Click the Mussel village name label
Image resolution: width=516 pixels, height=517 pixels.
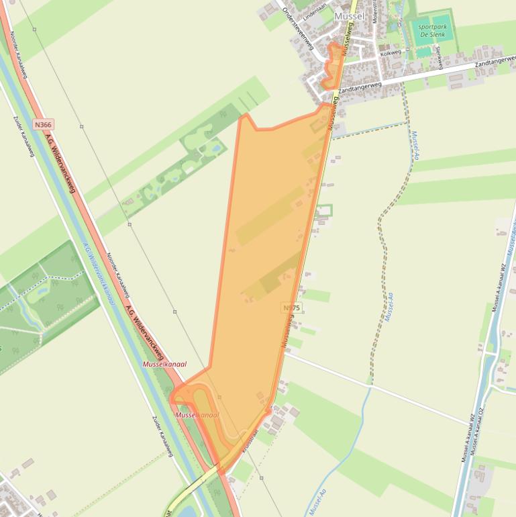[348, 15]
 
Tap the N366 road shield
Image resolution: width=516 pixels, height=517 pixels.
[44, 125]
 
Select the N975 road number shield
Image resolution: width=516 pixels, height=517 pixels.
[292, 308]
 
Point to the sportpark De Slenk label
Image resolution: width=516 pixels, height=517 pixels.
[433, 30]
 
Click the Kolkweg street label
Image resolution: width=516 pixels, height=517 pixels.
[390, 52]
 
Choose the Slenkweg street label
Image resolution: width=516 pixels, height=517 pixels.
[440, 57]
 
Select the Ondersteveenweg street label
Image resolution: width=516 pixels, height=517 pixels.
[298, 28]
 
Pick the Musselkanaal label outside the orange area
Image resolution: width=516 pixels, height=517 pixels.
[164, 364]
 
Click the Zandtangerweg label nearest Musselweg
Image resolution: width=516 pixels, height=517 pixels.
[360, 87]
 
